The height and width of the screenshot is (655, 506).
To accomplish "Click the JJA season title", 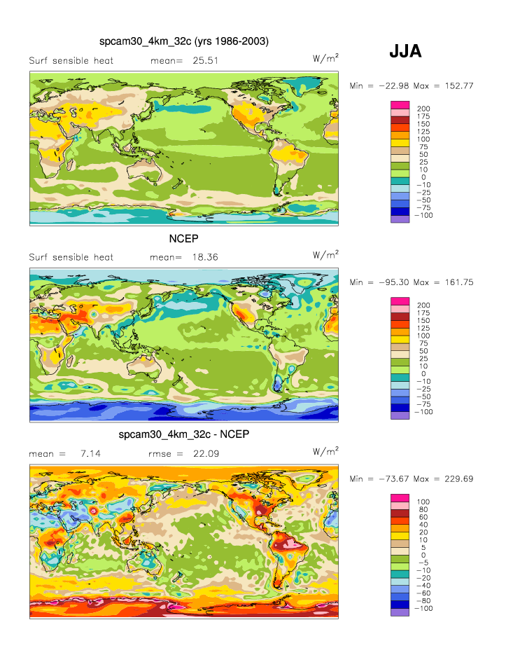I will (405, 51).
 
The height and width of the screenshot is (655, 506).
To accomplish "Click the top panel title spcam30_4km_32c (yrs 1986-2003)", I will (184, 42).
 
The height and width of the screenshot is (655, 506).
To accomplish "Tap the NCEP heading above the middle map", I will (184, 238).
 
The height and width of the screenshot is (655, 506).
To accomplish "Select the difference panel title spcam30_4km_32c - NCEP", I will (184, 435).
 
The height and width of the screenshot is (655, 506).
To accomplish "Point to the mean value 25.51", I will (205, 61).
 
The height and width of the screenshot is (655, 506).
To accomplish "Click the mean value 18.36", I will (205, 257).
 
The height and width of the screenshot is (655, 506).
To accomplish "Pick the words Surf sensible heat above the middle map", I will (71, 257).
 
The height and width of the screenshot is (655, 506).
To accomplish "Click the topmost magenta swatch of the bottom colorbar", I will (399, 497).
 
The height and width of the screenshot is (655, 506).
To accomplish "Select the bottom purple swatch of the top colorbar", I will (399, 219).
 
